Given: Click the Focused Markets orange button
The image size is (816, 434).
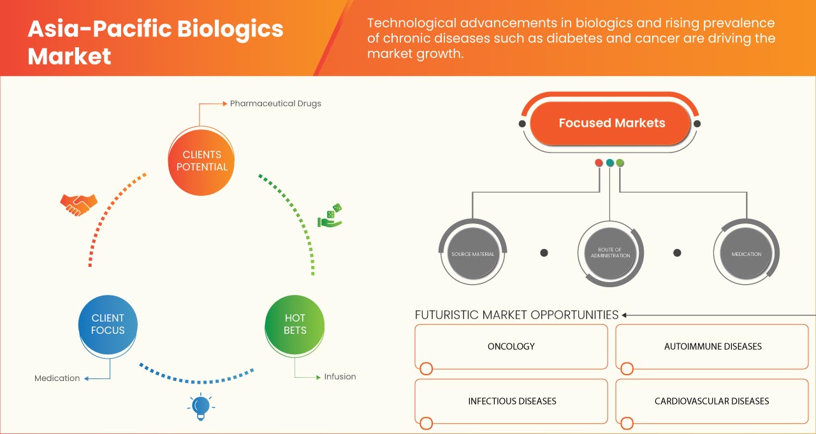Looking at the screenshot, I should (611, 123).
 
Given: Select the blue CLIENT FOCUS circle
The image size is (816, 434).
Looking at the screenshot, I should (108, 324).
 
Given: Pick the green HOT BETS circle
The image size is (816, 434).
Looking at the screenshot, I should (295, 324).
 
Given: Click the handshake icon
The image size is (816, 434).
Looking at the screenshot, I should (78, 204).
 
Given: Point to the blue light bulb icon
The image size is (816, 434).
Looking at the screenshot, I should (201, 406).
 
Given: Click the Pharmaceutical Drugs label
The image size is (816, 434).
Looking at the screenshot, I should (275, 103).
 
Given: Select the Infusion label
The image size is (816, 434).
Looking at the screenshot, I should (340, 377).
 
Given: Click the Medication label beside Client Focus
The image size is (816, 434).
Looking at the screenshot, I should (57, 378).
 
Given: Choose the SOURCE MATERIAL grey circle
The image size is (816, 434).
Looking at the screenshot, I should (472, 254).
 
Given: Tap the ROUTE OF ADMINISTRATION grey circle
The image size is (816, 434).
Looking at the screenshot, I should (610, 253).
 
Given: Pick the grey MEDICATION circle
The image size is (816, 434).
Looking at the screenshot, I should (747, 254).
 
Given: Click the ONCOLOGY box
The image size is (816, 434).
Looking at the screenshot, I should (511, 347).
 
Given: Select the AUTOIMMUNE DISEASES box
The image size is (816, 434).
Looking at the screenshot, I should (712, 347).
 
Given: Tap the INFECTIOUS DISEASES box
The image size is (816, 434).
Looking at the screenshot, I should (511, 401).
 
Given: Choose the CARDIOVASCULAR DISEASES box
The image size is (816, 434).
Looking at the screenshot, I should (712, 401).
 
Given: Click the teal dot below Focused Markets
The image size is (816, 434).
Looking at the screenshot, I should (610, 163).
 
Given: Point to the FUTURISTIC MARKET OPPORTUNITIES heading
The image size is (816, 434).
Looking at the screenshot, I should (516, 315).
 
